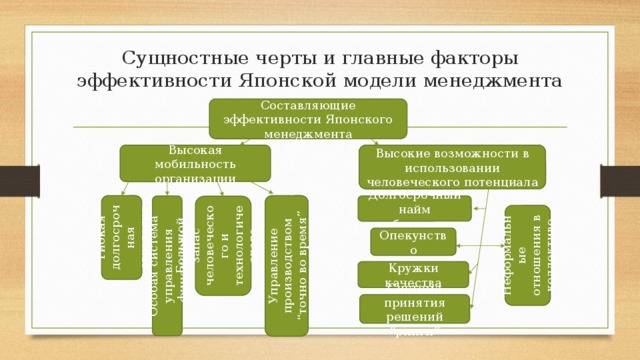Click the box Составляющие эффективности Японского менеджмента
tap(308, 119)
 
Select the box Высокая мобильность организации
tap(195, 163)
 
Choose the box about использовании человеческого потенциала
tap(453, 167)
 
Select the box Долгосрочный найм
tap(414, 207)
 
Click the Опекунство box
tap(412, 242)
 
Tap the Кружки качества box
tap(413, 274)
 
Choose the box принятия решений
tap(414, 309)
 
